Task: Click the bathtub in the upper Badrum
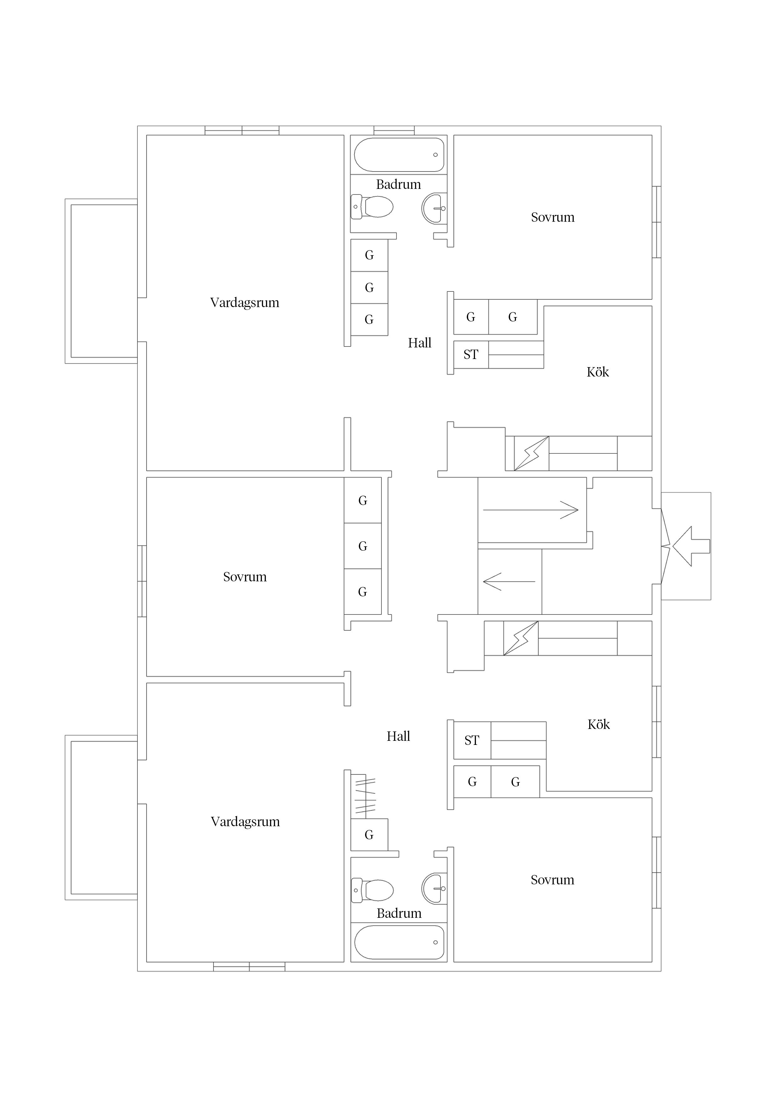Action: pyautogui.click(x=399, y=155)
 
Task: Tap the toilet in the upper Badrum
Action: pyautogui.click(x=372, y=207)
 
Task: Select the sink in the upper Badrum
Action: pyautogui.click(x=434, y=208)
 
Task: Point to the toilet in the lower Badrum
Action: pyautogui.click(x=372, y=890)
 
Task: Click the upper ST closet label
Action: pyautogui.click(x=471, y=355)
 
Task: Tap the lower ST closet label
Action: pyautogui.click(x=472, y=740)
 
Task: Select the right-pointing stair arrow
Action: pyautogui.click(x=531, y=510)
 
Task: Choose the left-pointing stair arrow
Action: pyautogui.click(x=509, y=581)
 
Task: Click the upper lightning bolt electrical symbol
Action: pyautogui.click(x=532, y=453)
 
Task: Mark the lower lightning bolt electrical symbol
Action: pyautogui.click(x=521, y=638)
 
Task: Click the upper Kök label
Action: pyautogui.click(x=598, y=372)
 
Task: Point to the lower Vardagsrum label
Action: pyautogui.click(x=245, y=822)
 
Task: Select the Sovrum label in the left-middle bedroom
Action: pyautogui.click(x=245, y=577)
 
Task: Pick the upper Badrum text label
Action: pyautogui.click(x=399, y=185)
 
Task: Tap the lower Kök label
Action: pyautogui.click(x=599, y=724)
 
